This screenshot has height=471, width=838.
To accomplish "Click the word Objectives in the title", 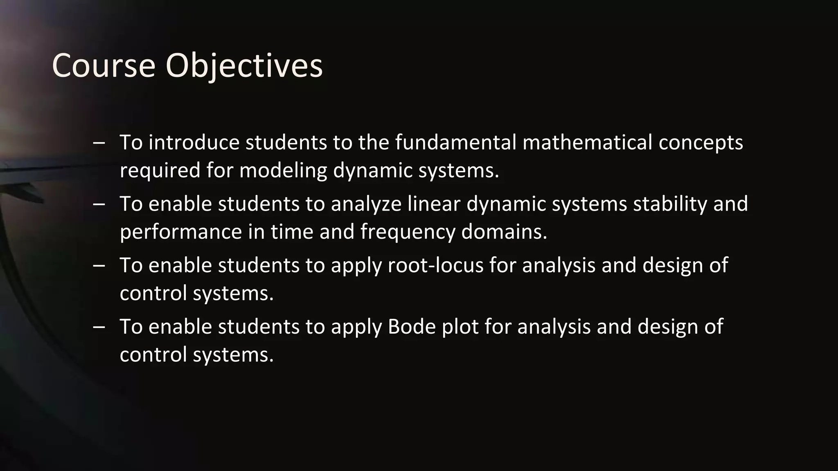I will tap(244, 66).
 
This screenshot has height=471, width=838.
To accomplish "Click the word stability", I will tap(670, 204).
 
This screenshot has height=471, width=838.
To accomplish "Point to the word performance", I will tap(181, 232).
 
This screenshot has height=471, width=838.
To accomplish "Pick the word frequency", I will tap(408, 232).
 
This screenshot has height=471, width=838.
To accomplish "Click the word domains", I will tap(504, 231).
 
